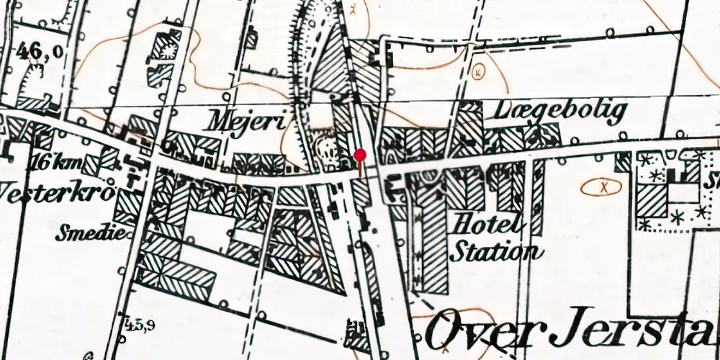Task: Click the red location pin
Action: pos(361,156)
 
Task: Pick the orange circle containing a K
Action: pos(478,72)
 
